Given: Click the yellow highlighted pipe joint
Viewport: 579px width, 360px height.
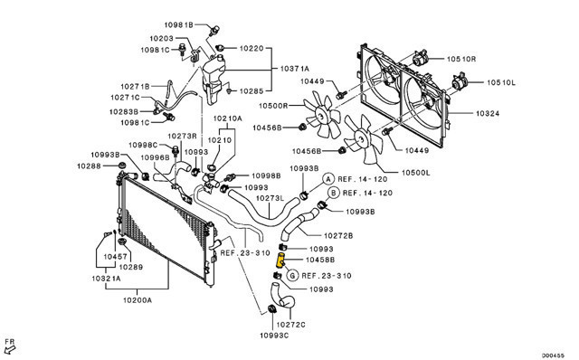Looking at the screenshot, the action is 281,261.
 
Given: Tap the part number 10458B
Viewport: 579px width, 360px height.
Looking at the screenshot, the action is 320,260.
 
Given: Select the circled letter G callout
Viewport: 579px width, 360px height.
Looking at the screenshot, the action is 292,276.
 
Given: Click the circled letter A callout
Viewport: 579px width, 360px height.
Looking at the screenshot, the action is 328,179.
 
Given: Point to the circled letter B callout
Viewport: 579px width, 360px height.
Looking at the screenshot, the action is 334,193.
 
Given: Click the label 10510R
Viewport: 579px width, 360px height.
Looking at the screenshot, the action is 461,59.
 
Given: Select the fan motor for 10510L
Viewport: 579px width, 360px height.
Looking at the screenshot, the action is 460,81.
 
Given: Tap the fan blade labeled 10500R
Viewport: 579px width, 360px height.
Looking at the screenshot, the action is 322,115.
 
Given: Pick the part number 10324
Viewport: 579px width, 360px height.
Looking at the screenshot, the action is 488,113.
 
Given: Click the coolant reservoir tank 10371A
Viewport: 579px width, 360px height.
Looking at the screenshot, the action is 214,79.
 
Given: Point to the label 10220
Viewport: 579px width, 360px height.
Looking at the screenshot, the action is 252,48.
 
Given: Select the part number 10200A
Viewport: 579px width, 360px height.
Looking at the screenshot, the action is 137,299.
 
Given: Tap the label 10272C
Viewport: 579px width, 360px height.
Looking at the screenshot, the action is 290,325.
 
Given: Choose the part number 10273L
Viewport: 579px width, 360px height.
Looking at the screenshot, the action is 270,198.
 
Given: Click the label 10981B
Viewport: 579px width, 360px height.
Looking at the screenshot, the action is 179,24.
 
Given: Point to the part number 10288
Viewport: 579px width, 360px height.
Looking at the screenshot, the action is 89,166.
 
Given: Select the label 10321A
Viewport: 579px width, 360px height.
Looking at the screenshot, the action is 106,278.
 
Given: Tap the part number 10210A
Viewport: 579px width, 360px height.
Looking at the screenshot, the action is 227,118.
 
